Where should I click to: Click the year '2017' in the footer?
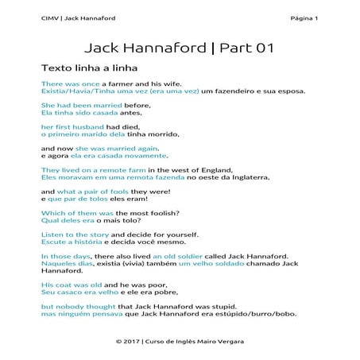(137, 341)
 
